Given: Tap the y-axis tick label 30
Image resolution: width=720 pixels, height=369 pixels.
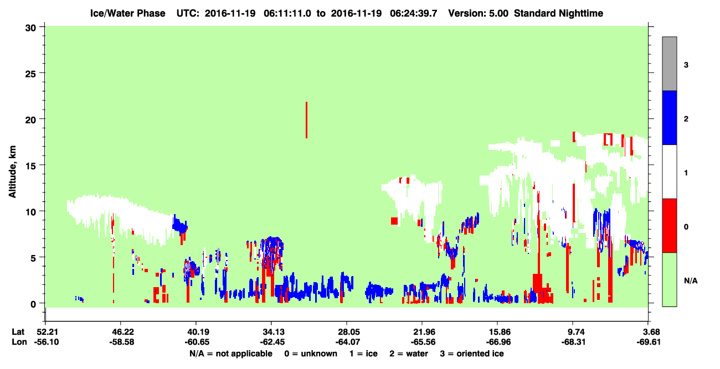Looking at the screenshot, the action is (x=30, y=28).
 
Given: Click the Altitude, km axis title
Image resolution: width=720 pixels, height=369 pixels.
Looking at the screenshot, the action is (x=12, y=171).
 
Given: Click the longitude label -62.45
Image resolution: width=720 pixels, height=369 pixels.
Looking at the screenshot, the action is (x=271, y=342).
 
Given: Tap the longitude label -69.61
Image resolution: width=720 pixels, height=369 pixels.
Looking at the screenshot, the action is (x=649, y=342).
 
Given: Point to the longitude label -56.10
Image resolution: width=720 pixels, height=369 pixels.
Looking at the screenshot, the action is (x=47, y=342).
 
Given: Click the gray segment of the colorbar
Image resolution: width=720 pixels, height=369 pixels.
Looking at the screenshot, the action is (x=670, y=64).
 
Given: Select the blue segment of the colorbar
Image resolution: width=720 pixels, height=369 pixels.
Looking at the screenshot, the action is (x=670, y=117).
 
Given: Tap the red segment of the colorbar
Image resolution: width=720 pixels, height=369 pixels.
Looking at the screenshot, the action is (x=670, y=226).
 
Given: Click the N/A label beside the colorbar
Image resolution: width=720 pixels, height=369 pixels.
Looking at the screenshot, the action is (x=691, y=281).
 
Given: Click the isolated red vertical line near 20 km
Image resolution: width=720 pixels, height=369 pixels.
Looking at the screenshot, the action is (x=307, y=120).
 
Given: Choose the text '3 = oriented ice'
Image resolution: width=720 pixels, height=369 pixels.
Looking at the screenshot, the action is (x=472, y=354).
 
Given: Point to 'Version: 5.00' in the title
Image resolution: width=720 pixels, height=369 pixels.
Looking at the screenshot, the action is (x=479, y=13).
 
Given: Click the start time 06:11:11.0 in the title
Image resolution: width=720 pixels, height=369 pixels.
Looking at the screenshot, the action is (x=287, y=13).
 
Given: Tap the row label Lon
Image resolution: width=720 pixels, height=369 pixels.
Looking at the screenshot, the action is (x=19, y=342).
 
